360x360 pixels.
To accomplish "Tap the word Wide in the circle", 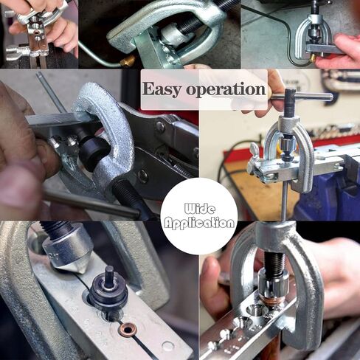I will click(x=198, y=210).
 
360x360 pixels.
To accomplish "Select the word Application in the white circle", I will click(x=198, y=223).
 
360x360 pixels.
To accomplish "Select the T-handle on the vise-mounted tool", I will click(x=299, y=97).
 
